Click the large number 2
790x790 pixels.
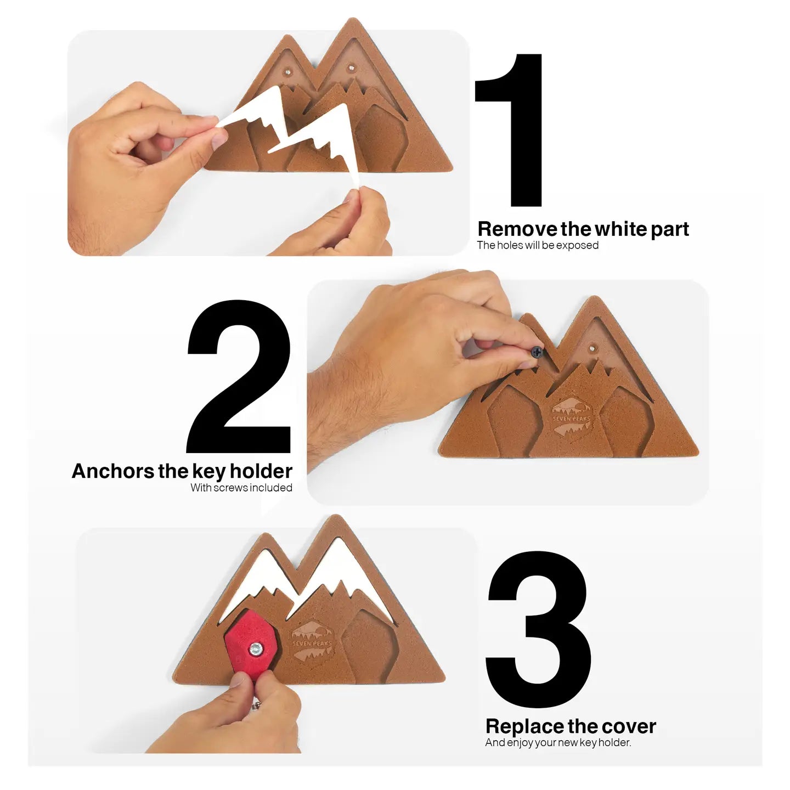tap(239, 377)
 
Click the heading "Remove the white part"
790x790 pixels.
tap(583, 229)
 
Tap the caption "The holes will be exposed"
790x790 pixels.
tap(538, 245)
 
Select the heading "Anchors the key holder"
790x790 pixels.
tap(182, 471)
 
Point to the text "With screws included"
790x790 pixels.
tap(241, 488)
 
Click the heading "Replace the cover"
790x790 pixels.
tap(571, 726)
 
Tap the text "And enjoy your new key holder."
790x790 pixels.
tap(558, 742)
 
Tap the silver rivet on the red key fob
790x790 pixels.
tap(256, 649)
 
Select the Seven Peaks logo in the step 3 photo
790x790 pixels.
tap(312, 644)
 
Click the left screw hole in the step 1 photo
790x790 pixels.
tap(288, 72)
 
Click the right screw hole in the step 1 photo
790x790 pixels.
tap(351, 67)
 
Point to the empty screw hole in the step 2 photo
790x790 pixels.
tap(592, 348)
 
